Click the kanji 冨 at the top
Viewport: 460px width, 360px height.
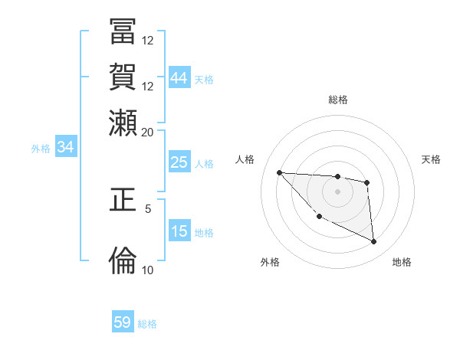(x=123, y=34)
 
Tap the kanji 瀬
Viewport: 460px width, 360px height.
(x=123, y=123)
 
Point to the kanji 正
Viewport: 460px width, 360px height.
(x=123, y=201)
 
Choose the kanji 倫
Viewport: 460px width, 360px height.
(x=123, y=260)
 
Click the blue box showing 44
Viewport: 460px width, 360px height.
(x=179, y=77)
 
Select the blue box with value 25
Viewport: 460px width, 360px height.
(x=179, y=162)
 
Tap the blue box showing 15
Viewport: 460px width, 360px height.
(x=179, y=231)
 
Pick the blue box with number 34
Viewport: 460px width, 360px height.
(x=65, y=148)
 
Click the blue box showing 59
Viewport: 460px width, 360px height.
(x=123, y=322)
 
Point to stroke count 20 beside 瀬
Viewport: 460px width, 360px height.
(x=147, y=132)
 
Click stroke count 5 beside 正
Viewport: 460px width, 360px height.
(x=148, y=208)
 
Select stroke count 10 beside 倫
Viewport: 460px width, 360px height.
(x=147, y=270)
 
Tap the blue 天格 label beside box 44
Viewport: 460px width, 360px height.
(x=204, y=79)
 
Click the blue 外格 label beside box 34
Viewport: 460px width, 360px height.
(x=41, y=149)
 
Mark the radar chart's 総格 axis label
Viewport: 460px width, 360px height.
(x=337, y=100)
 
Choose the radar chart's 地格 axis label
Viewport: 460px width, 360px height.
(x=402, y=262)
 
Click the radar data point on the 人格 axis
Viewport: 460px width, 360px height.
(x=279, y=172)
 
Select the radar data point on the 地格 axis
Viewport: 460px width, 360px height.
(x=373, y=242)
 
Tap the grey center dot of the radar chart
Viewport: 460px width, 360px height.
(x=337, y=191)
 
